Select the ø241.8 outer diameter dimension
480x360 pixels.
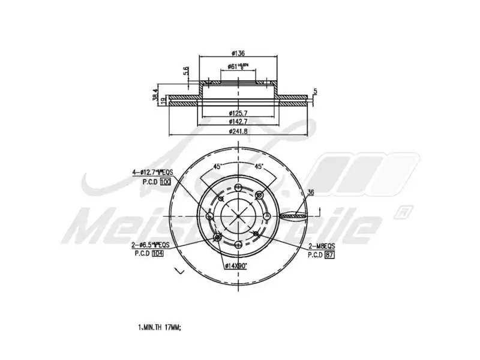tap(239, 131)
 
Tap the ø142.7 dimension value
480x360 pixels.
tap(239, 122)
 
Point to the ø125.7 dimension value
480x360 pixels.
tap(239, 113)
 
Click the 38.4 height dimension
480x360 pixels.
tap(155, 94)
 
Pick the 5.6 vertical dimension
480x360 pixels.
tap(187, 71)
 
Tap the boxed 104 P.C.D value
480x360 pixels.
tap(158, 254)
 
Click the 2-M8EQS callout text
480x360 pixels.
tap(322, 246)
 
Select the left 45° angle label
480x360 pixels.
tap(217, 166)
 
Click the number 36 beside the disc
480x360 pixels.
tap(310, 193)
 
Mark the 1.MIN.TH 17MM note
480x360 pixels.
tap(159, 328)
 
